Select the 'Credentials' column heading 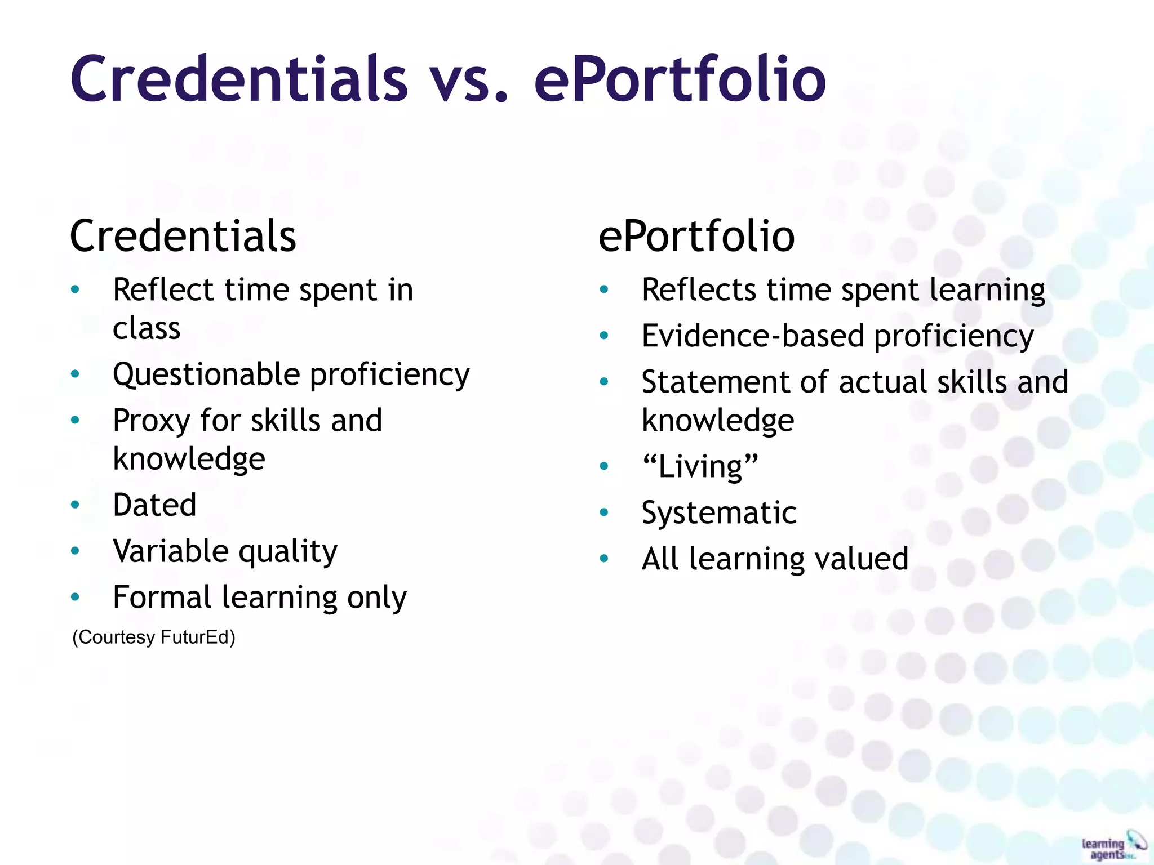(183, 237)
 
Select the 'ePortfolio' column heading (696, 237)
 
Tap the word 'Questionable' (206, 375)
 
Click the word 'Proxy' (152, 421)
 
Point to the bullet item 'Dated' (154, 505)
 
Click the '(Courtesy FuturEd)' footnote (154, 637)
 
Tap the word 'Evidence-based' (752, 336)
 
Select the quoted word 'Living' (700, 467)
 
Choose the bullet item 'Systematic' (719, 513)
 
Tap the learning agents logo (1113, 846)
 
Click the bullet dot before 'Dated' (75, 505)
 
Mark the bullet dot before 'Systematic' (604, 512)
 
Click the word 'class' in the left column (147, 328)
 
